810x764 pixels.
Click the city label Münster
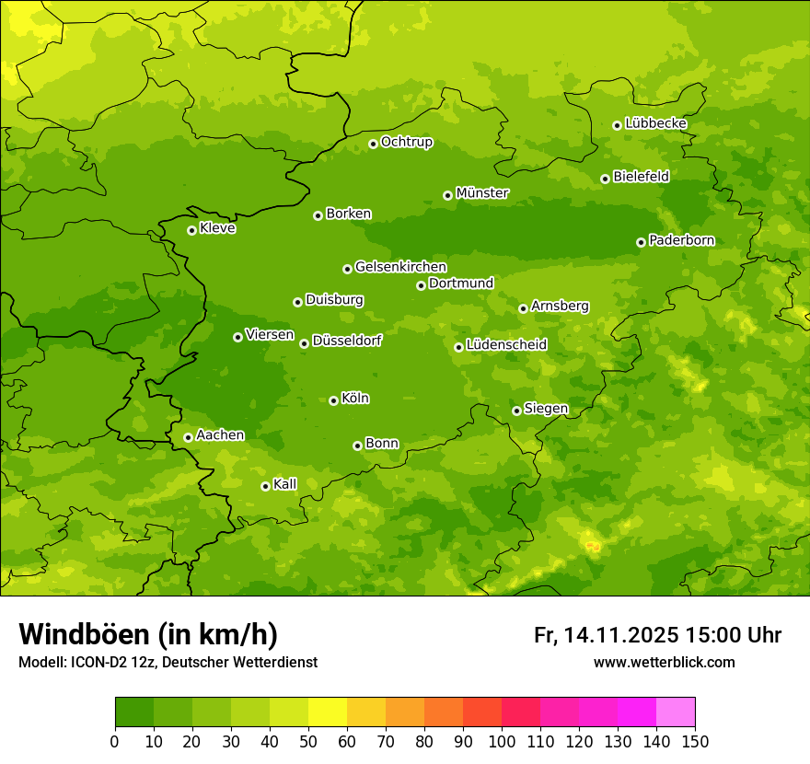pos(482,193)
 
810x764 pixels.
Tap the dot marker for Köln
pos(333,400)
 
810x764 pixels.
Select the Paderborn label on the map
pos(681,241)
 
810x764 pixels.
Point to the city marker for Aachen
pos(188,437)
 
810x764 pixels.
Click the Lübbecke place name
pos(655,123)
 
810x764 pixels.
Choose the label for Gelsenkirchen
pos(400,267)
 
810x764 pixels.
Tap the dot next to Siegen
pos(516,411)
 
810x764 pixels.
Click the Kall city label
pos(284,484)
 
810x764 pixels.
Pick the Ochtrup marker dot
pos(373,143)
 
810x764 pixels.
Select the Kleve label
pos(217,228)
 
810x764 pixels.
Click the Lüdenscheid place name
pos(506,345)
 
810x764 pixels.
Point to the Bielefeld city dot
pos(605,179)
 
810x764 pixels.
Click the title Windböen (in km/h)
pos(148,634)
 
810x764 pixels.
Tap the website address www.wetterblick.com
pos(664,662)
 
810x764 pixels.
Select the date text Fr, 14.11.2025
pos(606,635)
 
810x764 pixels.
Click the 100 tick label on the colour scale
pos(502,742)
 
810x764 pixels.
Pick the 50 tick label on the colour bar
pos(308,742)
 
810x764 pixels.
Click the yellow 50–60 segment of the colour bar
pos(328,712)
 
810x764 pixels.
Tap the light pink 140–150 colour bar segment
pos(676,712)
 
